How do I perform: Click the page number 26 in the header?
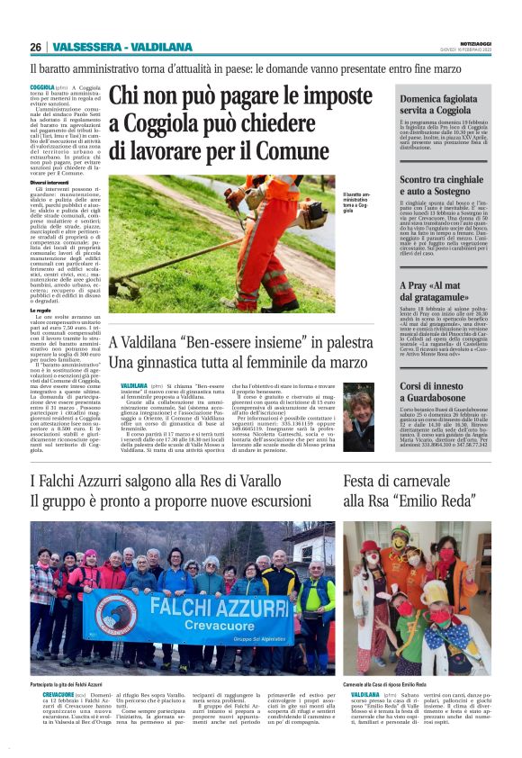(x=36, y=47)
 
